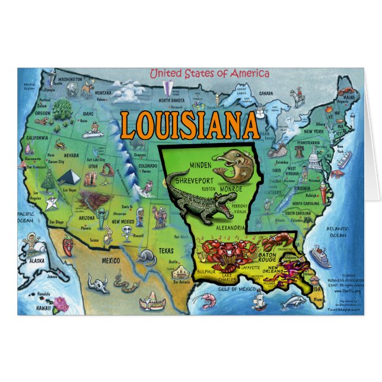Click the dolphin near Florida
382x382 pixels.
pos(293,303)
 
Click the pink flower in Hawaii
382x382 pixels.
pos(60,305)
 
